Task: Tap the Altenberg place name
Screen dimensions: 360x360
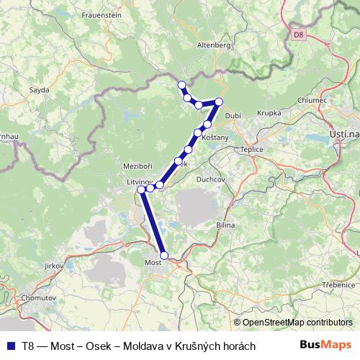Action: click(212, 45)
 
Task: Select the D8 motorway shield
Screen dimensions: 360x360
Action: click(299, 34)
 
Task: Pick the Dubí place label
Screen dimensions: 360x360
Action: click(232, 114)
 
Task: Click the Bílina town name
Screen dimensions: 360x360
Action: click(225, 225)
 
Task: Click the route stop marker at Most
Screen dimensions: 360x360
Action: click(164, 256)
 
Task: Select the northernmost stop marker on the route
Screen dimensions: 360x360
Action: click(181, 85)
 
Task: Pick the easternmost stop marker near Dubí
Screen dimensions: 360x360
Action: click(219, 102)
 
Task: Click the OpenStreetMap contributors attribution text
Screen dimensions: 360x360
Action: click(297, 323)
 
